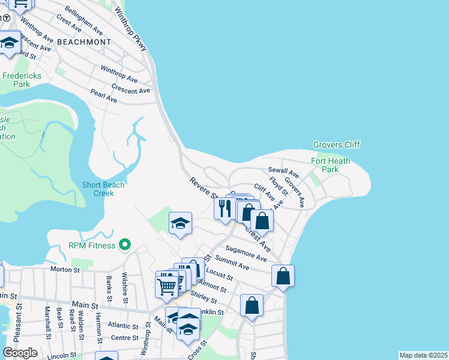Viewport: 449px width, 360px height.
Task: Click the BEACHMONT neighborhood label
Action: point(85,42)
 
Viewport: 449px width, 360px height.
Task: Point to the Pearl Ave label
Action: point(103,95)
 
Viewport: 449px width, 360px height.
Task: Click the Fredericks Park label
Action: point(16,80)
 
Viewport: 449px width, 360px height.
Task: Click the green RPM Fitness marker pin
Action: point(125,244)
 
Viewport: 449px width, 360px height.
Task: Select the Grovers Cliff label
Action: point(336,145)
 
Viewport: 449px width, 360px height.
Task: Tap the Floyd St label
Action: point(278,185)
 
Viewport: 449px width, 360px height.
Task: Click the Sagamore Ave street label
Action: point(246,253)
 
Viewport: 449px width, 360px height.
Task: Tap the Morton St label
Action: point(65,270)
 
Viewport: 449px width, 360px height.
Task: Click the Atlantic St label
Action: point(123,327)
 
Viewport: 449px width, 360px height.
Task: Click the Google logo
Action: point(20,353)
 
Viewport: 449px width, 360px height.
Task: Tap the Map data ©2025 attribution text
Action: point(423,355)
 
